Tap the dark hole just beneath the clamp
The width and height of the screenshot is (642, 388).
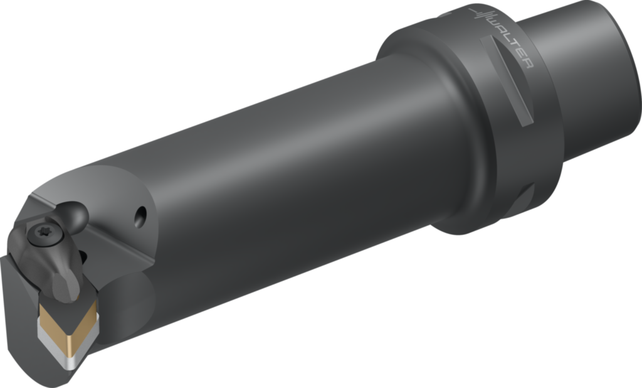(x=83, y=256)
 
